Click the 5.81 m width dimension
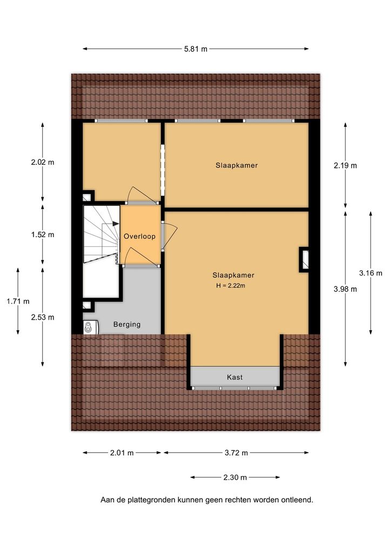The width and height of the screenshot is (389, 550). click(x=196, y=49)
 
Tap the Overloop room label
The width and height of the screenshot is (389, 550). click(x=139, y=237)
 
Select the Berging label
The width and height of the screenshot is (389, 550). click(x=126, y=325)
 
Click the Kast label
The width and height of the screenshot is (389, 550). click(x=234, y=378)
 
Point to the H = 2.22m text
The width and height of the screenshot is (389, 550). click(x=231, y=285)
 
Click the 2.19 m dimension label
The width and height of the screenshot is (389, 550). click(x=345, y=165)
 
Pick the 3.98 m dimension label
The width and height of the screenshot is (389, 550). click(x=345, y=289)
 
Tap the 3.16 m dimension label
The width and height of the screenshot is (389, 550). click(x=371, y=273)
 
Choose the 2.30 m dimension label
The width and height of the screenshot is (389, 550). click(x=235, y=478)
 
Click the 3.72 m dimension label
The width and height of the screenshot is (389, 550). click(x=236, y=453)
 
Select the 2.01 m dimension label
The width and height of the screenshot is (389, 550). click(x=122, y=453)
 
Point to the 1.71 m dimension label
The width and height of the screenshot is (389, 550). click(x=18, y=301)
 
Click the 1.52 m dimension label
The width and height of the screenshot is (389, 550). click(x=43, y=234)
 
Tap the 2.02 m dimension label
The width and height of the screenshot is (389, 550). click(x=43, y=163)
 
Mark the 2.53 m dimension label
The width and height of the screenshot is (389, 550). click(x=43, y=318)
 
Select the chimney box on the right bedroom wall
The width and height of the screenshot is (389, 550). click(x=304, y=259)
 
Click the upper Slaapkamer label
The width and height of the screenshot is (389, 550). click(x=237, y=165)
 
